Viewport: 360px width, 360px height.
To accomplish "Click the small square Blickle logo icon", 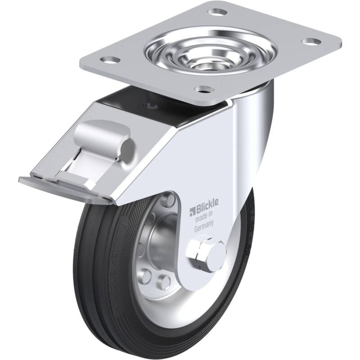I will [191, 210].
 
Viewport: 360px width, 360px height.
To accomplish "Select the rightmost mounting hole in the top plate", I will [310, 41].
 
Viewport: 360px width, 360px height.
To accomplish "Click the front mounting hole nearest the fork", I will [205, 88].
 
